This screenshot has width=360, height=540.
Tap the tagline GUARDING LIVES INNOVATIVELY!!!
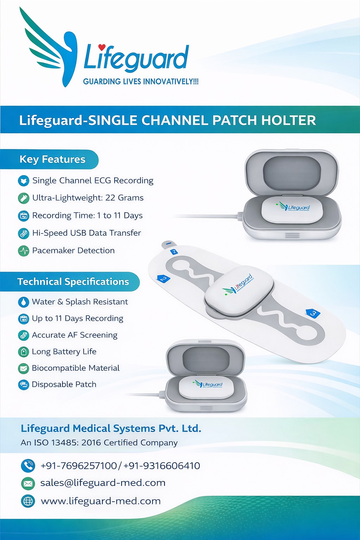(x=141, y=82)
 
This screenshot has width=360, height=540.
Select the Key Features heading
(x=52, y=159)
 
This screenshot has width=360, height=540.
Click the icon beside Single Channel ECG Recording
(x=24, y=181)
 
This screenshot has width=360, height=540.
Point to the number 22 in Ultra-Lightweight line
(x=110, y=198)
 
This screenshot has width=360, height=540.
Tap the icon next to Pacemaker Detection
(x=24, y=251)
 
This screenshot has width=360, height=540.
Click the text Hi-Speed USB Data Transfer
(x=86, y=233)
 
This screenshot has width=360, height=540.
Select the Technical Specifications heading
(x=73, y=282)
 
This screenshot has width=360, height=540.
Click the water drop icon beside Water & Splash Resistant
(x=23, y=302)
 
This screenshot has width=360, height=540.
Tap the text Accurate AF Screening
(x=75, y=335)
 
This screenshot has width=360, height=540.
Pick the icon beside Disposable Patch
(x=23, y=385)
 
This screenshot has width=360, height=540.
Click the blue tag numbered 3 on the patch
(x=313, y=313)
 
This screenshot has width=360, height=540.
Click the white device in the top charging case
(x=292, y=209)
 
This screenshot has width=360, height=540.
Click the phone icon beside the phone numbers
(x=28, y=466)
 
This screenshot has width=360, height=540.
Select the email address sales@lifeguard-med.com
(x=103, y=483)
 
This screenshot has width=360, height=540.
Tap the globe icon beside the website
(x=28, y=501)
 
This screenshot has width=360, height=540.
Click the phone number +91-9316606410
(x=162, y=466)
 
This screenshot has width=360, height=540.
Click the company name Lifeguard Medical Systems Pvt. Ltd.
(x=111, y=429)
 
